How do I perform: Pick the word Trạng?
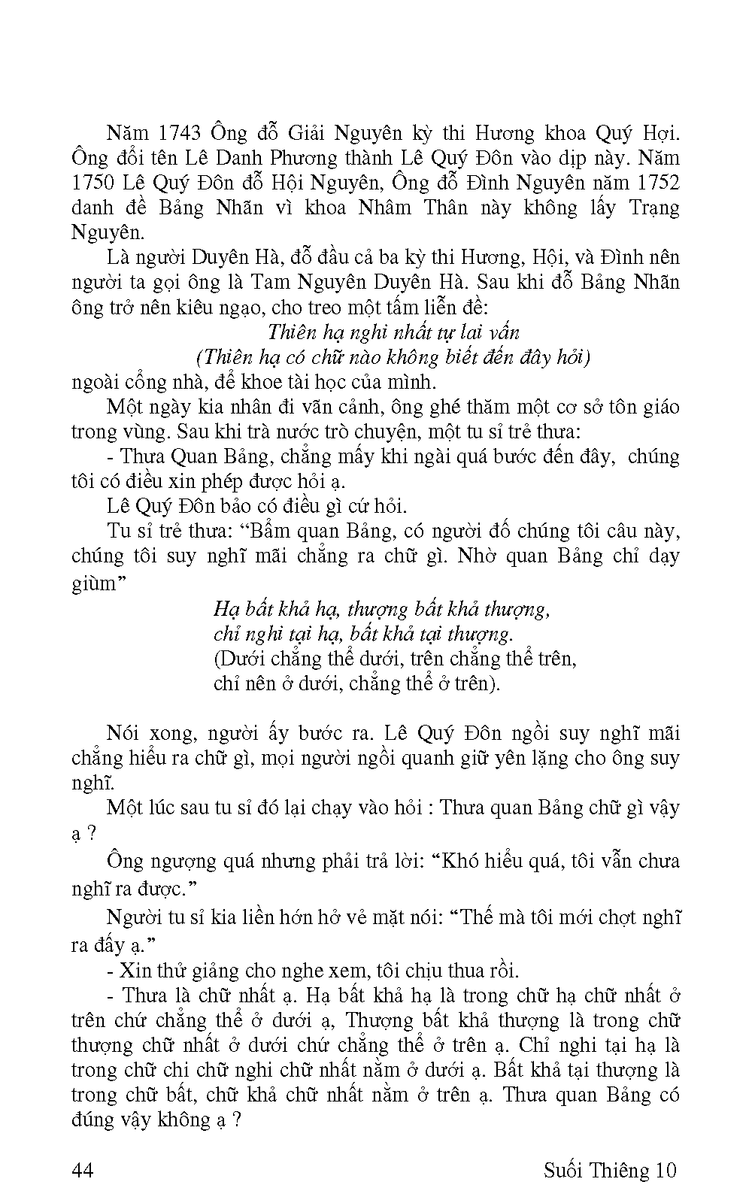(650, 208)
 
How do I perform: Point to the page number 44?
(82, 1171)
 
